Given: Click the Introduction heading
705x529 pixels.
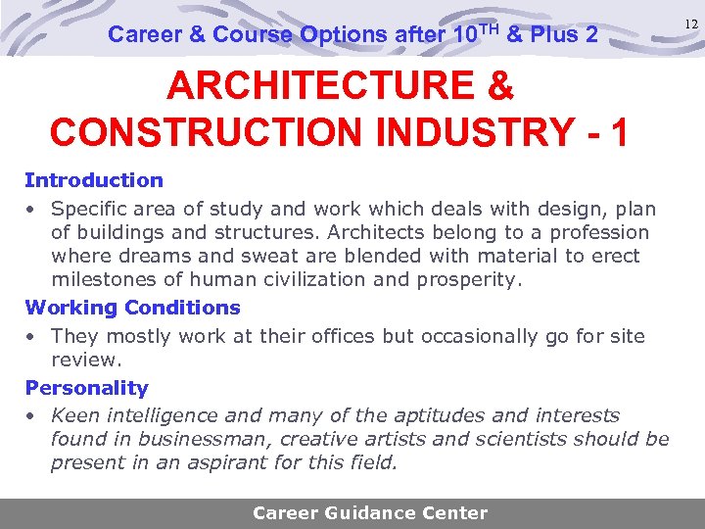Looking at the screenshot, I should (94, 180).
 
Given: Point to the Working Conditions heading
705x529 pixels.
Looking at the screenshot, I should (132, 308).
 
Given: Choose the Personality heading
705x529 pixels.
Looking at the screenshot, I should (86, 388).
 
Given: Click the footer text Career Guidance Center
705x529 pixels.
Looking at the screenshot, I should (370, 513).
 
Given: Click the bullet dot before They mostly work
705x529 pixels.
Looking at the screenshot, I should (31, 336).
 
